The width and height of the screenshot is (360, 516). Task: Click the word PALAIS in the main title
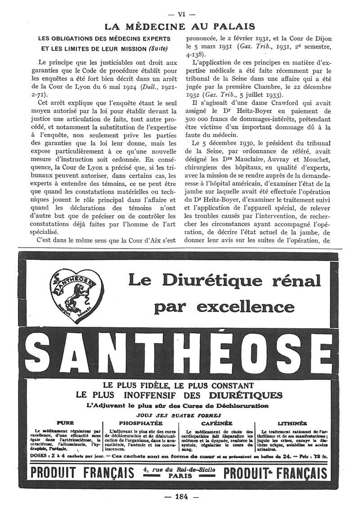[232, 27]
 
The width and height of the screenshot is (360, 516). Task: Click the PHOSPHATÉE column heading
[141, 423]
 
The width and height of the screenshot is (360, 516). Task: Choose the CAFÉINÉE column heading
[216, 423]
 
